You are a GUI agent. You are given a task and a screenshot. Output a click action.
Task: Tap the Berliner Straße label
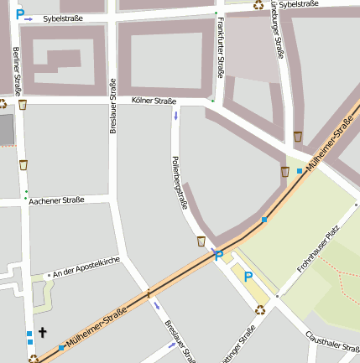pos(17,71)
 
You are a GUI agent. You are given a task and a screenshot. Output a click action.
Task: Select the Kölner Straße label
pos(154,101)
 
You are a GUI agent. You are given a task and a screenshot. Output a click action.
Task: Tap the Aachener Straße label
pos(56,200)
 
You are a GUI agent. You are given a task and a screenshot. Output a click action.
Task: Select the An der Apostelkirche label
pos(86,268)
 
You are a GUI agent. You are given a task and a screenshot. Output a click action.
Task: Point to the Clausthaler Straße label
pos(332,344)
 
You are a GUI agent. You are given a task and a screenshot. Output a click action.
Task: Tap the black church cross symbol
pos(42,332)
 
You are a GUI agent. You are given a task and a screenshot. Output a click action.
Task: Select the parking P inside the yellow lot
pos(248,276)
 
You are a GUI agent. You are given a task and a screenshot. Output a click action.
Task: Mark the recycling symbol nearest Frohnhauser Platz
pos(261,309)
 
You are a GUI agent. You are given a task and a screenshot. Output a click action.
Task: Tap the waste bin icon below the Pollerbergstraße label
pos(201,241)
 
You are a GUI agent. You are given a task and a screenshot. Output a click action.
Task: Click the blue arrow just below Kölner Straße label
pos(175,115)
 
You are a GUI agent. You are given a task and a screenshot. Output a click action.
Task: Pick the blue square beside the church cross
pos(29,334)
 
